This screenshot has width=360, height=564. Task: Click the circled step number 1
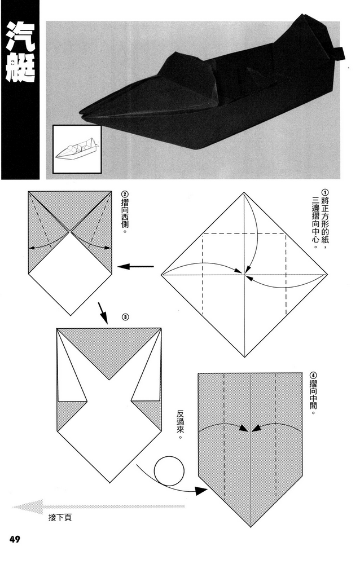pyautogui.click(x=324, y=192)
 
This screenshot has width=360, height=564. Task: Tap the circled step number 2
pyautogui.click(x=125, y=195)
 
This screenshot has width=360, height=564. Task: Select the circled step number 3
pyautogui.click(x=125, y=316)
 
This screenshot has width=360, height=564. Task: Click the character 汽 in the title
pyautogui.click(x=20, y=38)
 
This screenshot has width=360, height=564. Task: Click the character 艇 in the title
pyautogui.click(x=20, y=70)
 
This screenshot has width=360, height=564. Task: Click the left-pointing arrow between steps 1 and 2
pyautogui.click(x=138, y=266)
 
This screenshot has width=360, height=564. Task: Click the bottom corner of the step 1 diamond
pyautogui.click(x=244, y=357)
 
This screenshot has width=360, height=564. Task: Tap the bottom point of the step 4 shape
pyautogui.click(x=250, y=527)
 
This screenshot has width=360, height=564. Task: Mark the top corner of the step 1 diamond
pyautogui.click(x=244, y=192)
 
